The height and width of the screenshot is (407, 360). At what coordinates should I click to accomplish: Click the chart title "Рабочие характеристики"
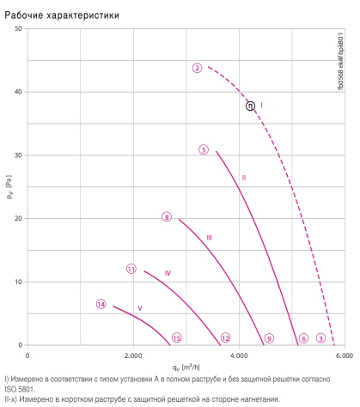click(62, 15)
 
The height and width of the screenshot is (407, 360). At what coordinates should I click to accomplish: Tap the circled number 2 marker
click(197, 68)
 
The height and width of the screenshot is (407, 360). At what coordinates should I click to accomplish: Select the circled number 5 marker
click(204, 149)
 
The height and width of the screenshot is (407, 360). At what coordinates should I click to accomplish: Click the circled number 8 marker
click(167, 217)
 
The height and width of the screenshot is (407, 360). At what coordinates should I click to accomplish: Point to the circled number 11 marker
click(131, 269)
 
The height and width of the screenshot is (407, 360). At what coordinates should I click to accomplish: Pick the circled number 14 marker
click(101, 304)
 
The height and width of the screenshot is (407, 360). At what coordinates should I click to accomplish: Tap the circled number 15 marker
click(177, 338)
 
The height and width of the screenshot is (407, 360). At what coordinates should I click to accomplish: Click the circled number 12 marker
click(225, 338)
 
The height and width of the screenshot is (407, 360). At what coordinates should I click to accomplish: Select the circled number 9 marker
click(269, 338)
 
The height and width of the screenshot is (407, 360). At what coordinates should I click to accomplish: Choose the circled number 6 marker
click(303, 338)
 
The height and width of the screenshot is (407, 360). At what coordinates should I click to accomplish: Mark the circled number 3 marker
click(320, 338)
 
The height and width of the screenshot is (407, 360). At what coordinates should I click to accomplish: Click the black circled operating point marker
click(250, 106)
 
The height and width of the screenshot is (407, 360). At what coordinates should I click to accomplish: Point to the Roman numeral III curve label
click(210, 238)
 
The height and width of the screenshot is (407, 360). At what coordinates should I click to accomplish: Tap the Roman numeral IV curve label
click(168, 273)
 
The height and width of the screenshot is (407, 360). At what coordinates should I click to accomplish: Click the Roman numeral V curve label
click(140, 308)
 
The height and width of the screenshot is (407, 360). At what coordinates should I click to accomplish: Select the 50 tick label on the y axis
click(18, 28)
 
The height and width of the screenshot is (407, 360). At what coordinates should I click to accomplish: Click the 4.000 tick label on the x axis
click(239, 355)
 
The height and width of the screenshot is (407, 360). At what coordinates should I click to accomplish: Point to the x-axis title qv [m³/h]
click(186, 368)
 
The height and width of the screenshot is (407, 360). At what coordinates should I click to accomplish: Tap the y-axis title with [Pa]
click(9, 186)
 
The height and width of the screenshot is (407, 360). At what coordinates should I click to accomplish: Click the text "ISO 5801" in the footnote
click(19, 389)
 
